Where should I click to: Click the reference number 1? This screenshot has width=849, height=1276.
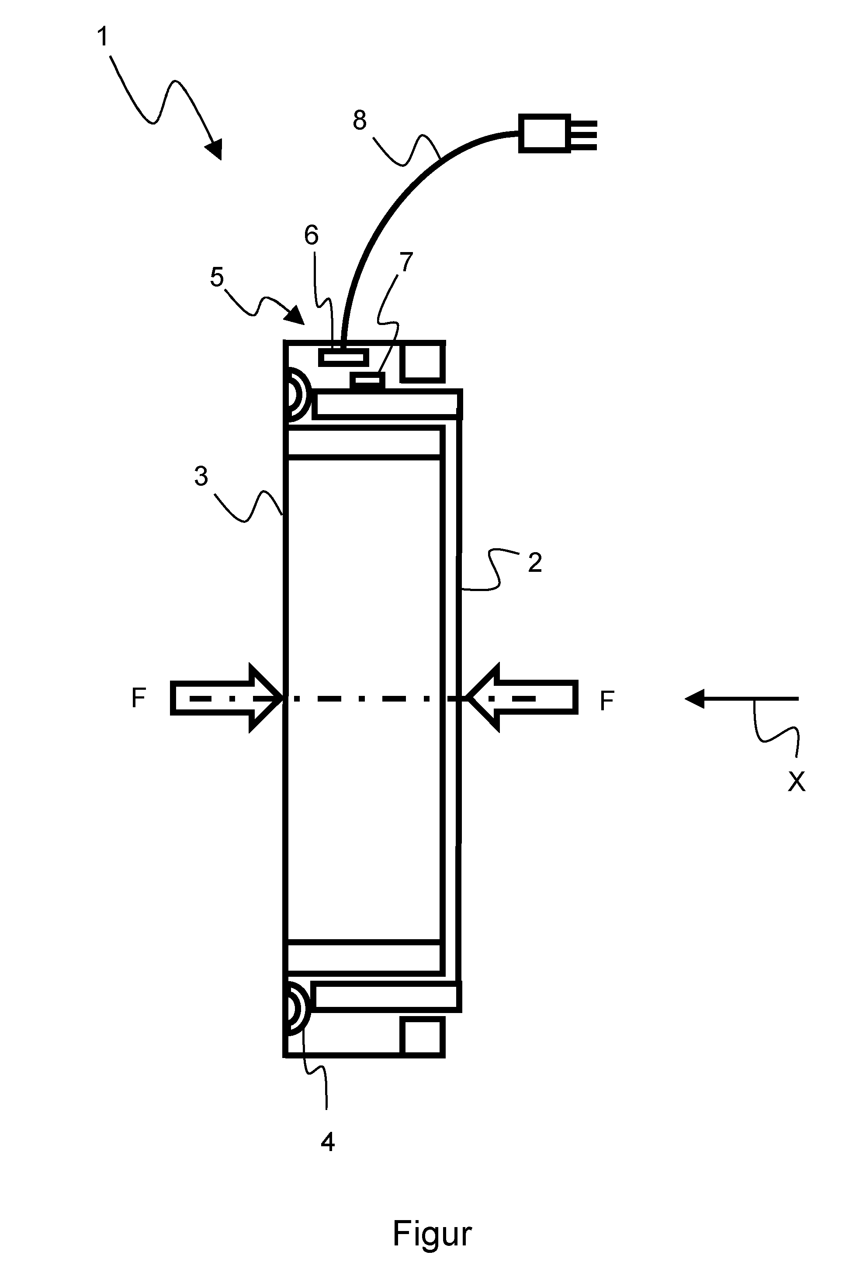pos(102,38)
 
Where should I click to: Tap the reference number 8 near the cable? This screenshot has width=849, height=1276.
pos(360,120)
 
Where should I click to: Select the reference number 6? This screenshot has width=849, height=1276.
pos(312,235)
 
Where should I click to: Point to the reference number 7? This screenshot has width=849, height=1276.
pos(405,262)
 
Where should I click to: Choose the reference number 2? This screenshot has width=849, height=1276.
pos(535,563)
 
